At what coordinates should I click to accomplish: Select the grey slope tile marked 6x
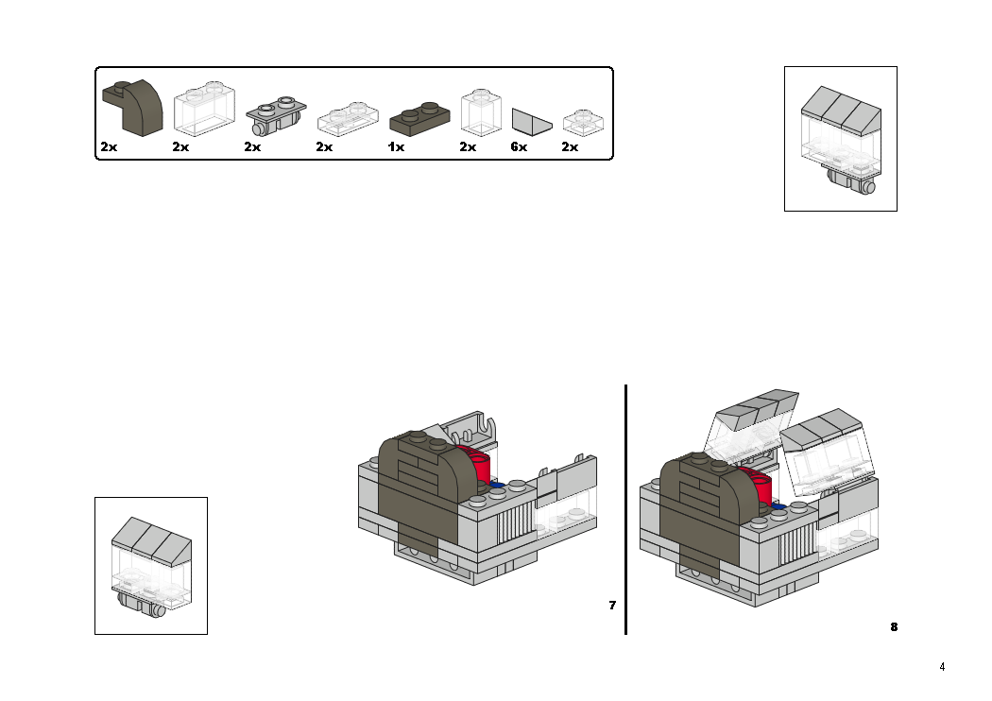[532, 122]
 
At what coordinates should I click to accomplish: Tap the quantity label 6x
[519, 147]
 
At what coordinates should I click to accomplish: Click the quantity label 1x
[396, 147]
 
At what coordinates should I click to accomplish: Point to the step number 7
[612, 606]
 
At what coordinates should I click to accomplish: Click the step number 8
[894, 626]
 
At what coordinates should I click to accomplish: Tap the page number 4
[941, 667]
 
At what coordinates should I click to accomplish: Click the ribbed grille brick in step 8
[795, 541]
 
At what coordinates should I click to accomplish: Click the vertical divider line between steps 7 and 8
[625, 510]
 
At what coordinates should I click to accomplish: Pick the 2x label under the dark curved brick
[109, 147]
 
